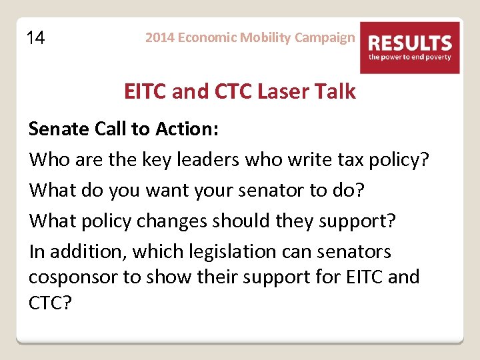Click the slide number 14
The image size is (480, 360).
(x=36, y=38)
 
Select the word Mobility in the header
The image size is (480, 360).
(x=265, y=37)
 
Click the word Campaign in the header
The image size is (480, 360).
(x=325, y=37)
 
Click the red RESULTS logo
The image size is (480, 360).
(x=410, y=47)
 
